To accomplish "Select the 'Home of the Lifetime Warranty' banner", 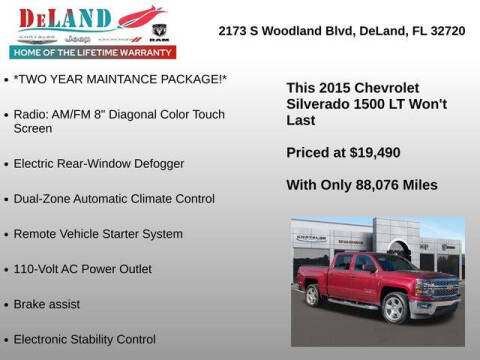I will (x=91, y=52).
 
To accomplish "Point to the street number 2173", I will (x=234, y=31).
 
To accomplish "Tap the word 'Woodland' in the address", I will (x=302, y=31).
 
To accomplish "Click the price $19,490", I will (x=376, y=153).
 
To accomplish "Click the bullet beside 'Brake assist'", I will (x=6, y=304).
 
